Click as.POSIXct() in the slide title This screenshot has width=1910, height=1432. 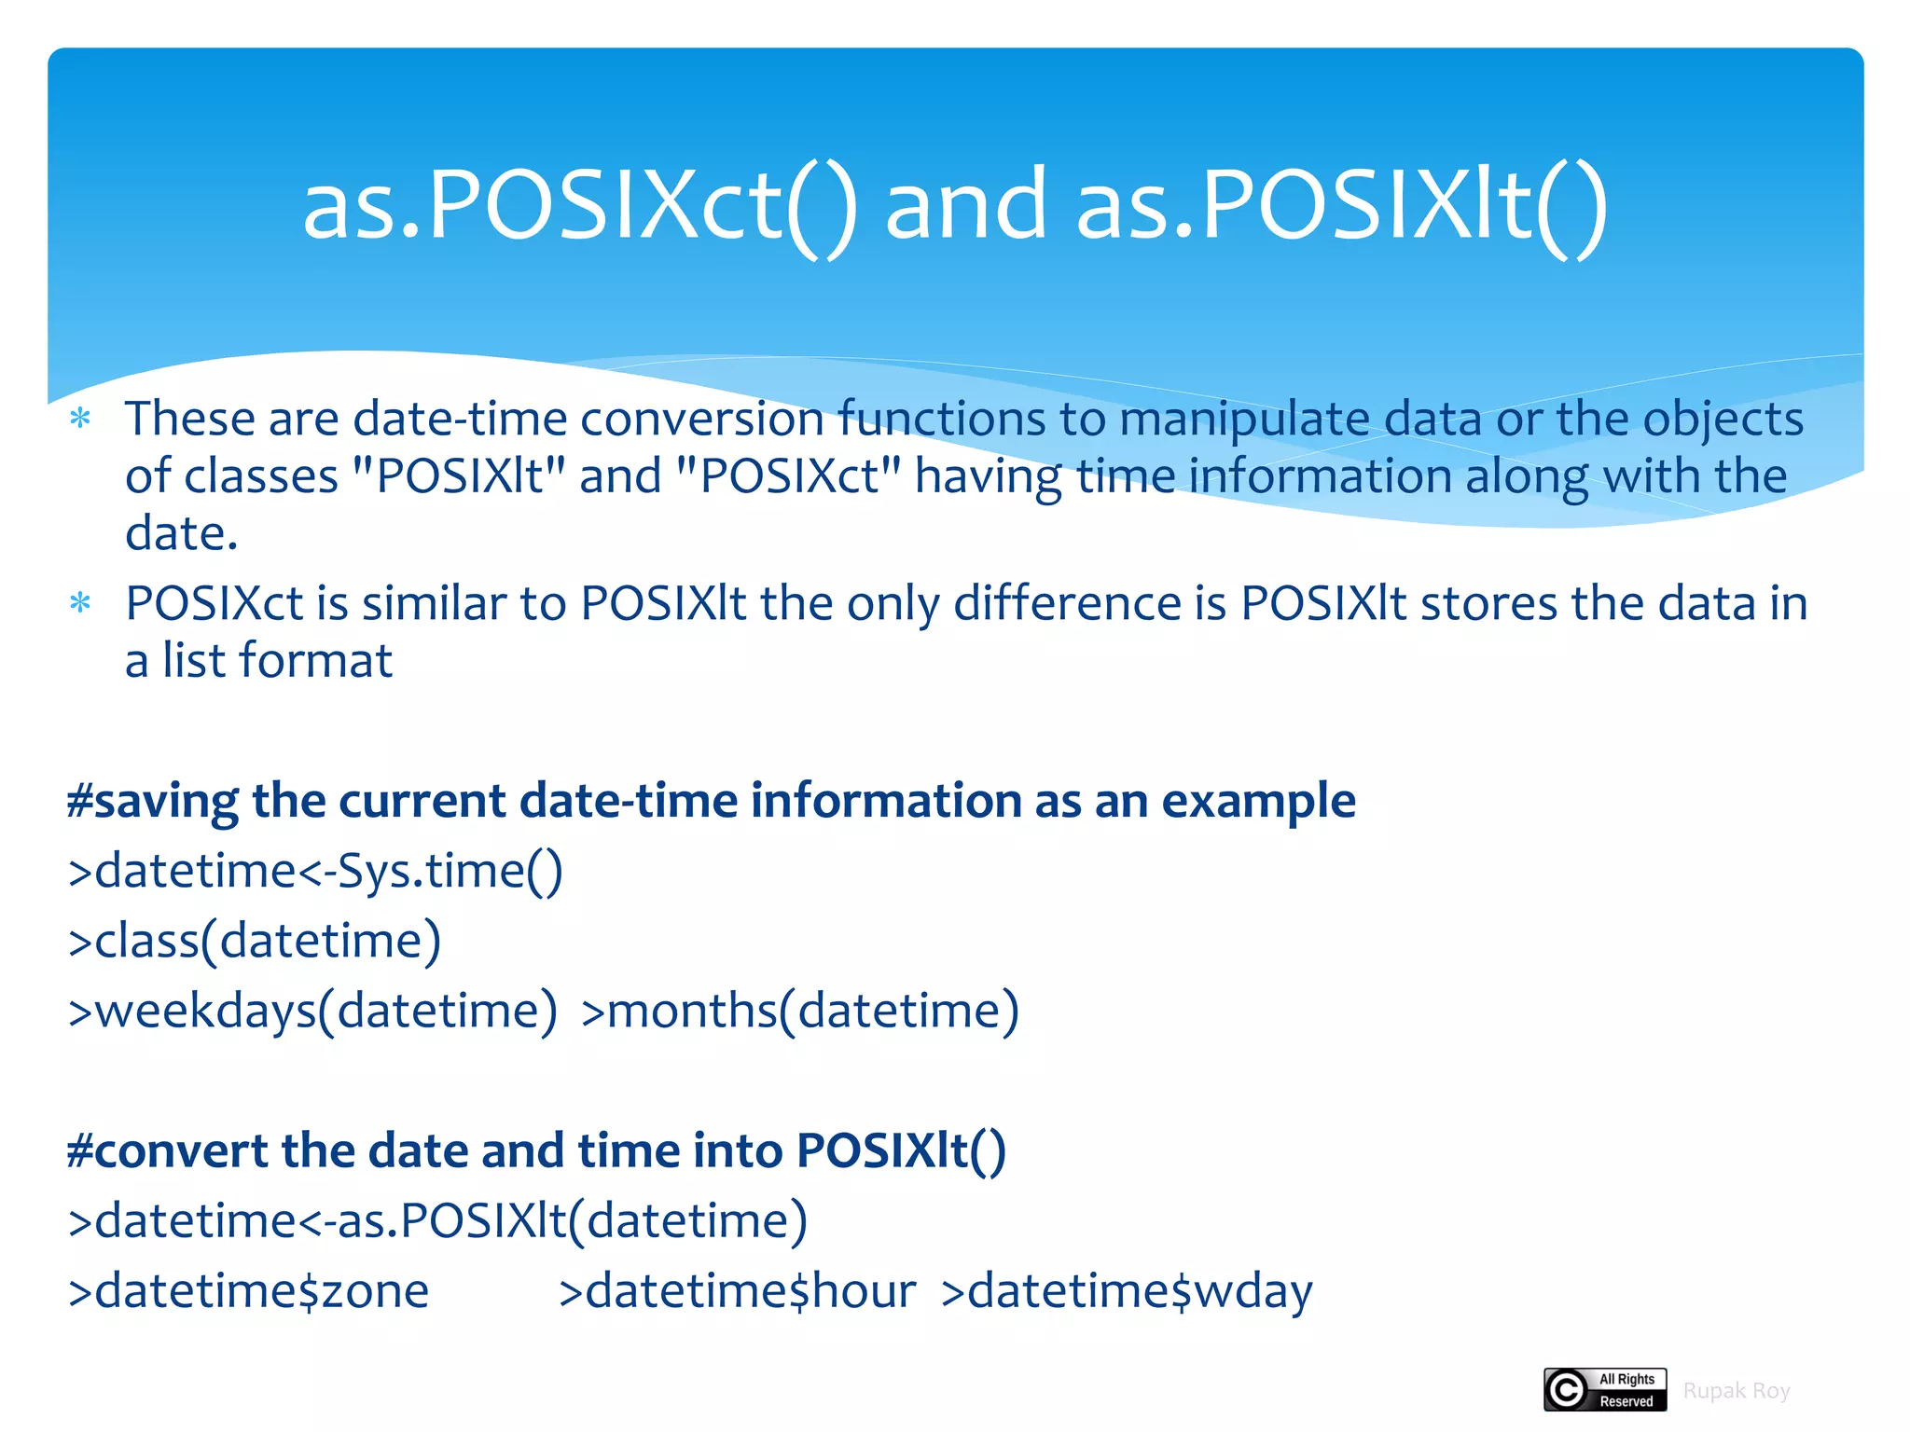click(x=578, y=205)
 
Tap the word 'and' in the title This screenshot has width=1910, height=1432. click(x=965, y=205)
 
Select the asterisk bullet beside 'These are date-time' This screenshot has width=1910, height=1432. click(x=81, y=419)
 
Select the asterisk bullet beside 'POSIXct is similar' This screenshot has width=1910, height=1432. click(x=81, y=604)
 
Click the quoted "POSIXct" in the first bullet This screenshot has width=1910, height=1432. click(x=788, y=475)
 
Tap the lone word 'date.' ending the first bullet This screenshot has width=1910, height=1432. click(x=182, y=533)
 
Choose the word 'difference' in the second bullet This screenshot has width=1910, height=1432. click(x=1068, y=604)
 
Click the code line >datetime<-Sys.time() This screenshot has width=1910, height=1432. click(x=315, y=872)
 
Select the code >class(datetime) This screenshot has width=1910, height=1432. click(x=255, y=941)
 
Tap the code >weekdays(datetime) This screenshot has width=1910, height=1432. click(x=313, y=1011)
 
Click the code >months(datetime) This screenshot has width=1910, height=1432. click(x=799, y=1011)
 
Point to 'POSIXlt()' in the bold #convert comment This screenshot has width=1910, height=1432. click(x=901, y=1150)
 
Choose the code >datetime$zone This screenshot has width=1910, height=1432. click(x=248, y=1291)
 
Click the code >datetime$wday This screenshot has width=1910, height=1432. click(x=1126, y=1291)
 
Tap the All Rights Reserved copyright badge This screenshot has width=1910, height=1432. click(x=1605, y=1390)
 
